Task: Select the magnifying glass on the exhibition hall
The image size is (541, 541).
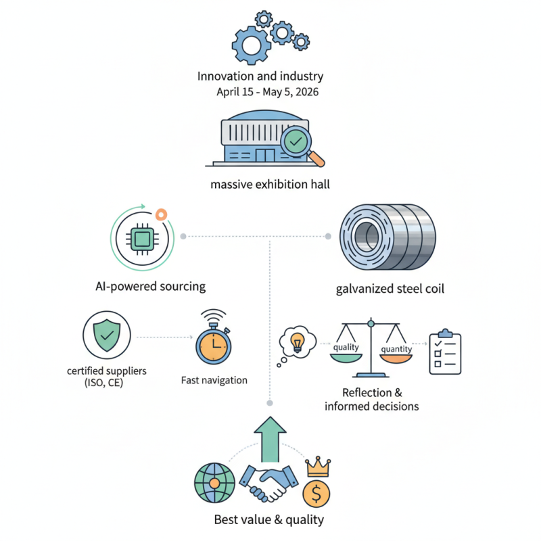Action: pyautogui.click(x=298, y=143)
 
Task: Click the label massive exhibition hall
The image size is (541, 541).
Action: pyautogui.click(x=270, y=184)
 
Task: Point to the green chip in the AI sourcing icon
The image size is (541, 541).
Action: pyautogui.click(x=143, y=238)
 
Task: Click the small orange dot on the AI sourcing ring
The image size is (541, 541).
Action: pyautogui.click(x=161, y=214)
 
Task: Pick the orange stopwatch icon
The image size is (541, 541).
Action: pyautogui.click(x=214, y=342)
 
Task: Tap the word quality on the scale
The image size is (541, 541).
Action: pyautogui.click(x=346, y=348)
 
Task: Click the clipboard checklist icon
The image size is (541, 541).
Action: pyautogui.click(x=446, y=352)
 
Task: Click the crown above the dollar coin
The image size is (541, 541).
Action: pyautogui.click(x=316, y=465)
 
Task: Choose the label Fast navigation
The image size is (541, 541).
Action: pyautogui.click(x=214, y=380)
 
